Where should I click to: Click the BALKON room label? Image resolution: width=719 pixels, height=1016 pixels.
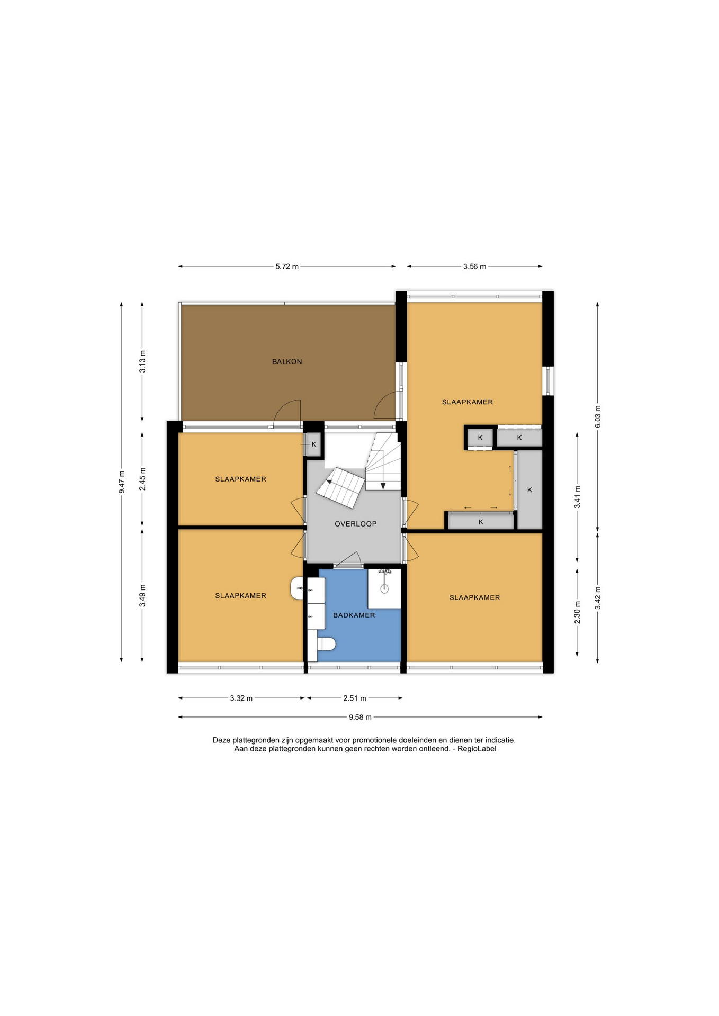pyautogui.click(x=287, y=362)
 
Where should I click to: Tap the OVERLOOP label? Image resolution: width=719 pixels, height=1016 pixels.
pyautogui.click(x=356, y=524)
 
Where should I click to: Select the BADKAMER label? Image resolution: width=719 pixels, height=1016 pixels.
pyautogui.click(x=354, y=615)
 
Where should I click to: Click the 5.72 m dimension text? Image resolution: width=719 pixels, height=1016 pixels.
pyautogui.click(x=287, y=267)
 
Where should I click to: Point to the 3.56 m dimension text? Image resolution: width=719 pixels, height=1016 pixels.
pyautogui.click(x=474, y=267)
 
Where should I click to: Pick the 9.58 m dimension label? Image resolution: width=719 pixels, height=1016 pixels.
pyautogui.click(x=360, y=718)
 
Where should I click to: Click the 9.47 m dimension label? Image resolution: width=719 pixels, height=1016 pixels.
pyautogui.click(x=122, y=482)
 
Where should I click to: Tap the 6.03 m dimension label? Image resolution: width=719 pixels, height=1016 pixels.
pyautogui.click(x=598, y=416)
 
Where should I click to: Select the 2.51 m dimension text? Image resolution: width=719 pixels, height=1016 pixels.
pyautogui.click(x=355, y=698)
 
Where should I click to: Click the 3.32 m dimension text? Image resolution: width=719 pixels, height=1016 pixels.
pyautogui.click(x=241, y=698)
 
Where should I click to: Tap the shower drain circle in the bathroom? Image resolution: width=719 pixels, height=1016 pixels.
pyautogui.click(x=384, y=588)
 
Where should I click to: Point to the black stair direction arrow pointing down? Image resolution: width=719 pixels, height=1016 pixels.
pyautogui.click(x=383, y=486)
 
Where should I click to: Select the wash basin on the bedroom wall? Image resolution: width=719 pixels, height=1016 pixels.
pyautogui.click(x=297, y=588)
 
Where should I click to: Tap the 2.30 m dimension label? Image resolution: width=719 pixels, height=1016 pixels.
pyautogui.click(x=578, y=612)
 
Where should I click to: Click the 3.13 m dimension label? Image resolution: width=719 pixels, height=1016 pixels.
pyautogui.click(x=142, y=362)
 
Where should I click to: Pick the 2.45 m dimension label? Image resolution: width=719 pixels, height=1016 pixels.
pyautogui.click(x=142, y=479)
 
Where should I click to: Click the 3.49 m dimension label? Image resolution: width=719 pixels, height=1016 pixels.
pyautogui.click(x=142, y=596)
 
